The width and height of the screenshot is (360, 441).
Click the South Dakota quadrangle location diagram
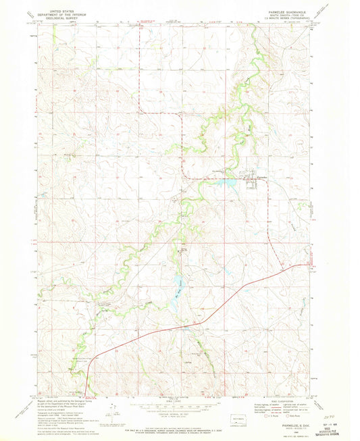(x=236, y=417)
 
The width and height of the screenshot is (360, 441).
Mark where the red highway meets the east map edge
(x=313, y=265)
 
